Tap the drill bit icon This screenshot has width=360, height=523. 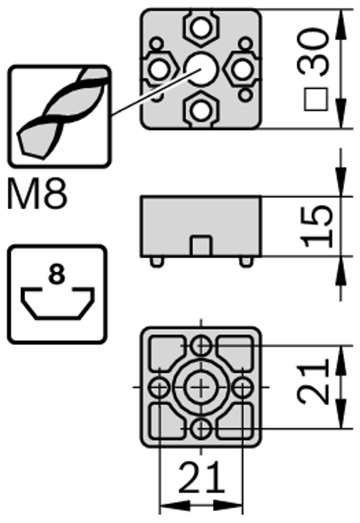tap(60, 116)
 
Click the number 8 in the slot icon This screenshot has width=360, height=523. tap(57, 275)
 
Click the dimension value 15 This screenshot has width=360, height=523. tap(316, 227)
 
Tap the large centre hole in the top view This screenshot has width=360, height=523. tap(200, 69)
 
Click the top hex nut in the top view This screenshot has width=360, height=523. tap(200, 28)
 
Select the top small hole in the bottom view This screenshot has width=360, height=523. tap(200, 345)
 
